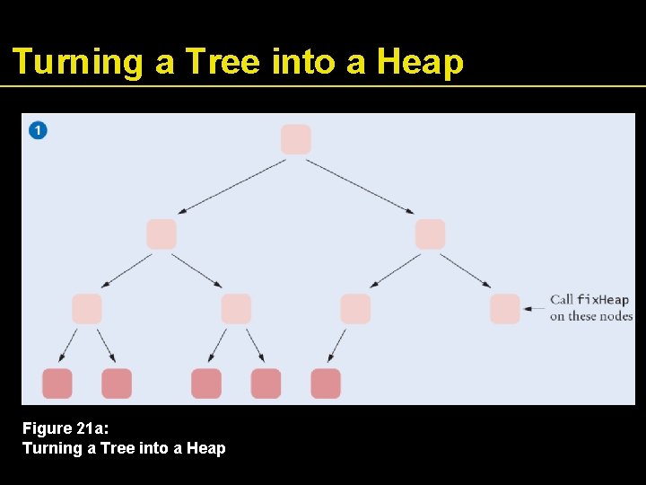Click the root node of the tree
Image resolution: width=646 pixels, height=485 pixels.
pos(295,139)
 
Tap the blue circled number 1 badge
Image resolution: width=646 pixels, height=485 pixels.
pos(38,130)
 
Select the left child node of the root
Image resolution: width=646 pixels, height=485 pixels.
pos(161,234)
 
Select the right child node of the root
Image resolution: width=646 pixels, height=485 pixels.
pos(431,234)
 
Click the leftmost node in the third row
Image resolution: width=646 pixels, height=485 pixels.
pos(87,309)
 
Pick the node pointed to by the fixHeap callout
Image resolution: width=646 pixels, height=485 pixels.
pos(505,309)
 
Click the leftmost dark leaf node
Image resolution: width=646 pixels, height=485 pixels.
pos(57,384)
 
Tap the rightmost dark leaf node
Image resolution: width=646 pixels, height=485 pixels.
pos(326,384)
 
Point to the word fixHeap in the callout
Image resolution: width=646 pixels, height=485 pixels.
pos(602,300)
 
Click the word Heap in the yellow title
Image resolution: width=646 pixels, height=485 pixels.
pos(420,62)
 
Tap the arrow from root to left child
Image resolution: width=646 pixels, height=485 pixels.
pos(231,187)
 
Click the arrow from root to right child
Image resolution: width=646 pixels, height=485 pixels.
pos(360,187)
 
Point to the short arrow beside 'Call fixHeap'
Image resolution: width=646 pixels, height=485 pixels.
pos(534,309)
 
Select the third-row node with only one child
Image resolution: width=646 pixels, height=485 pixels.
pos(355,309)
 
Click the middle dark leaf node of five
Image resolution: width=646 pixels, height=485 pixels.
pos(206,384)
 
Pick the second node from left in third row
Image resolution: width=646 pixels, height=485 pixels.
pos(236,309)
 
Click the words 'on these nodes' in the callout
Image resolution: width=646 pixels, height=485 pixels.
pos(591,316)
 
